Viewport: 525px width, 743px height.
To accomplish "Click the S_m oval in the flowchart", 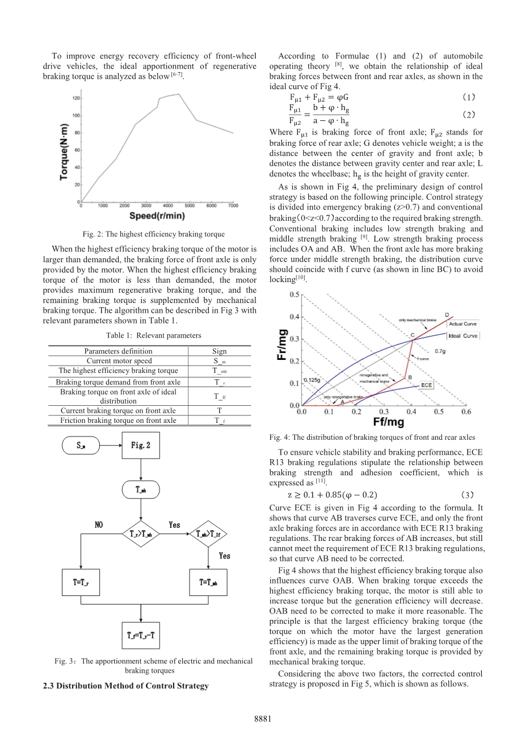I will point(81,446).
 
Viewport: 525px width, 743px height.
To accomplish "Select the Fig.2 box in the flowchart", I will point(141,445).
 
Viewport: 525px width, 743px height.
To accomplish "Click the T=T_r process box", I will point(81,582).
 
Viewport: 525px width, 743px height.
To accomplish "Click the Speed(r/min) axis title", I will point(157,216).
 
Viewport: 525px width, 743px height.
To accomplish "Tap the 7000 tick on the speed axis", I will point(233,205).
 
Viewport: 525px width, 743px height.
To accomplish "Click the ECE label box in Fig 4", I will point(427,385).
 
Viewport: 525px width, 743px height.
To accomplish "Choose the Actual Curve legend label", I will point(463,324).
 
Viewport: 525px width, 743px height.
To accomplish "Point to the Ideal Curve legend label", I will point(463,336).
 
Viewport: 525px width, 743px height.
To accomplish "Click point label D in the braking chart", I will point(447,314).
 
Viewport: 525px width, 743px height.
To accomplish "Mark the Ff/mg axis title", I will point(388,422).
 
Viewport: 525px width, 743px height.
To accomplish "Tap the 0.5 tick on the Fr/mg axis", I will point(295,295).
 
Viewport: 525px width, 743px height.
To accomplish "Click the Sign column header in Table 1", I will point(219,351).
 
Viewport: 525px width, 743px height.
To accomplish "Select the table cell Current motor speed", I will point(119,360).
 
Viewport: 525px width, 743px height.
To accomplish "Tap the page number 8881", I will point(262,719).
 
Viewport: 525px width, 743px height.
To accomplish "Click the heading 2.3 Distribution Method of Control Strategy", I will point(125,686).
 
